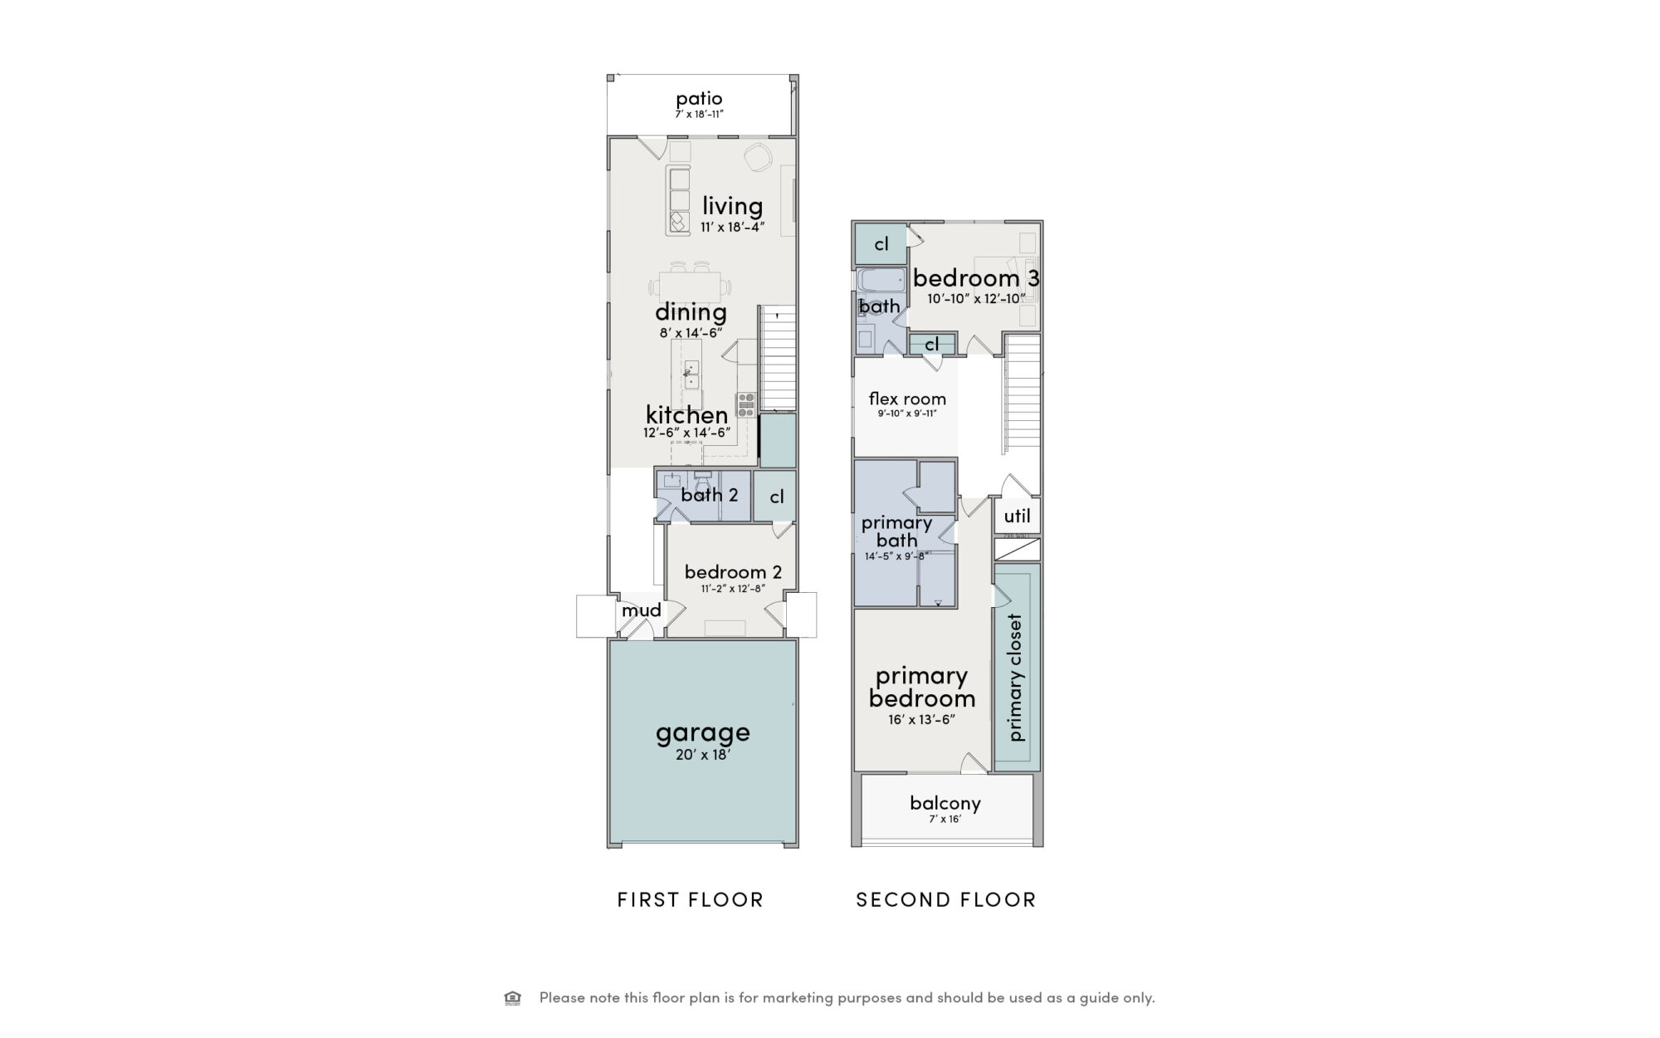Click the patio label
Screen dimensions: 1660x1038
[699, 99]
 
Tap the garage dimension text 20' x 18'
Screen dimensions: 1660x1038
[703, 755]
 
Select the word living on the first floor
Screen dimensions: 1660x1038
[732, 205]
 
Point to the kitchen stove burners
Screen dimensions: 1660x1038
[745, 404]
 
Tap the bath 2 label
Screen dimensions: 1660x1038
[710, 495]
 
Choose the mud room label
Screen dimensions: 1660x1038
[642, 610]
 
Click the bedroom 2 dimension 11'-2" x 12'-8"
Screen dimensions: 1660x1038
[733, 589]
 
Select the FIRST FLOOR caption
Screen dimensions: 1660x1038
[691, 899]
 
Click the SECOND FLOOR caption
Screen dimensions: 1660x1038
[946, 899]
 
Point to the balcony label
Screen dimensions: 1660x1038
[945, 803]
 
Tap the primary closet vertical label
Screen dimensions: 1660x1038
[1016, 678]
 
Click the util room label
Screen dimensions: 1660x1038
[1018, 516]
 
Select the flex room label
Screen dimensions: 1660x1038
[907, 399]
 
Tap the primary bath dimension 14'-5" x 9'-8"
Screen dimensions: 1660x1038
[896, 556]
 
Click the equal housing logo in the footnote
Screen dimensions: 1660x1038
[512, 997]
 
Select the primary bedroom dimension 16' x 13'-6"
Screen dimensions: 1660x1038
[922, 719]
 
